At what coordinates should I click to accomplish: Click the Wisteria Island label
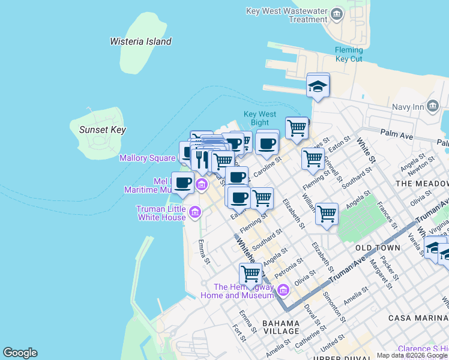(x=140, y=41)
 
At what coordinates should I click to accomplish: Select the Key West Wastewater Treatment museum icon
(x=337, y=13)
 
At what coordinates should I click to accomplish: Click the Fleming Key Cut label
(x=349, y=55)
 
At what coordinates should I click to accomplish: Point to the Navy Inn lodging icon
(x=433, y=107)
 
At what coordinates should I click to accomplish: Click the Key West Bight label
(x=260, y=118)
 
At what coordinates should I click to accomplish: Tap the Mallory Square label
(x=147, y=158)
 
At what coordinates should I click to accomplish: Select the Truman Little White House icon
(x=194, y=212)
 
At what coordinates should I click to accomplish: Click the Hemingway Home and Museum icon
(x=283, y=291)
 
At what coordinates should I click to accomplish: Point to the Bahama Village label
(x=280, y=327)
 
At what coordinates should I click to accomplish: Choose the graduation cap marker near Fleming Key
(x=318, y=86)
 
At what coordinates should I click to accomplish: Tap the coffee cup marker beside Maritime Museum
(x=182, y=183)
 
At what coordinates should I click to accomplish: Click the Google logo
(x=20, y=353)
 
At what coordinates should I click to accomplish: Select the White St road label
(x=366, y=151)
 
